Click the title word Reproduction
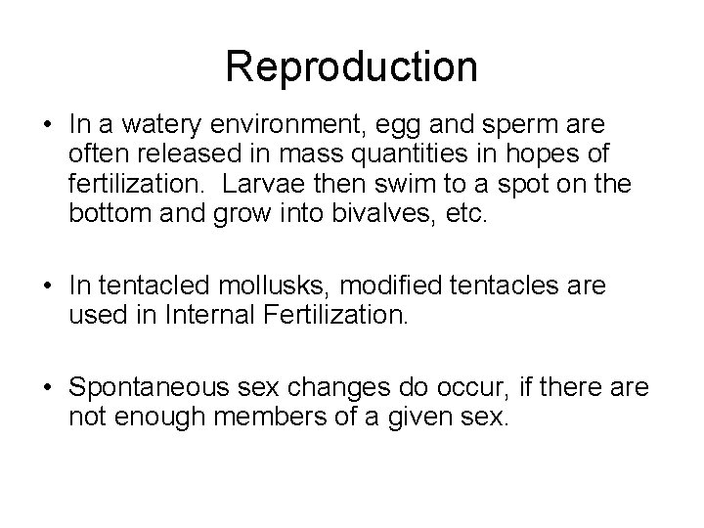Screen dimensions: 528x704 (351, 66)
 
